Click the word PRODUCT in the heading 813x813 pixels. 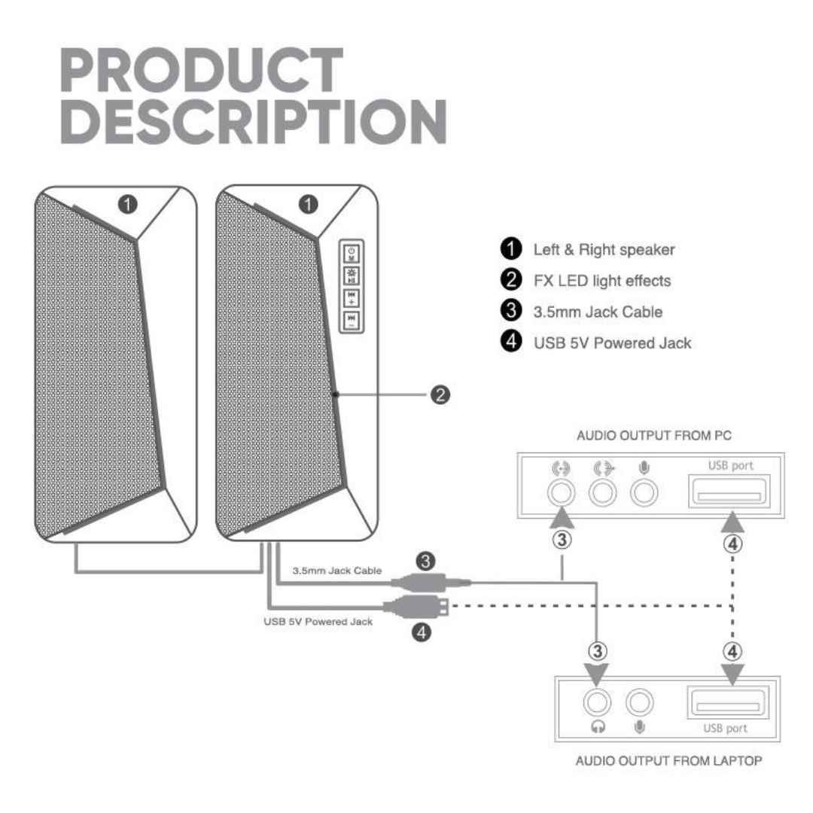click(x=202, y=70)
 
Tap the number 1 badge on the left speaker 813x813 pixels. click(x=127, y=204)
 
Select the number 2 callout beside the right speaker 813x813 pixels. click(x=440, y=394)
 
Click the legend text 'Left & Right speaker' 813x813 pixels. click(x=604, y=249)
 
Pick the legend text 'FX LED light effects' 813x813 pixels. click(x=602, y=281)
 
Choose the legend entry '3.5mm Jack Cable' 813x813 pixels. click(x=598, y=312)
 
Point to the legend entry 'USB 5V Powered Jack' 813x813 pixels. click(x=612, y=343)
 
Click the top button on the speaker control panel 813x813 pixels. click(x=352, y=254)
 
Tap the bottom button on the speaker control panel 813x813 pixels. click(x=352, y=320)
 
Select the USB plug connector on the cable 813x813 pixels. click(x=415, y=605)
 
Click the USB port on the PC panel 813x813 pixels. click(x=729, y=491)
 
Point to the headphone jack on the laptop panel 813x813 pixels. click(x=597, y=702)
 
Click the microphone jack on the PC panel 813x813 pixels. click(x=644, y=492)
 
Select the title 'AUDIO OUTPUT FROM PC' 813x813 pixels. click(x=654, y=436)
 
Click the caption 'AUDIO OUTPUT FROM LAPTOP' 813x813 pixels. click(x=669, y=760)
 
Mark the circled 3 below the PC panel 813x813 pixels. click(x=562, y=540)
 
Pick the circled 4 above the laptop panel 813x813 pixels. click(x=732, y=651)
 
